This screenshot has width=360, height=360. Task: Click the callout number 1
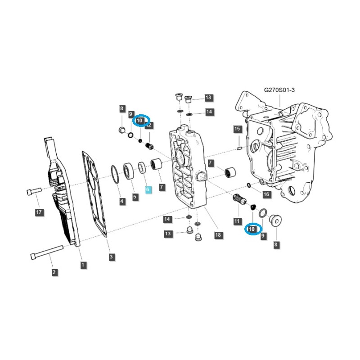click(83, 265)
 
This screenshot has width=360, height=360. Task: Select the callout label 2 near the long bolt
click(54, 272)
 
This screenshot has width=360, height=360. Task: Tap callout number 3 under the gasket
click(111, 257)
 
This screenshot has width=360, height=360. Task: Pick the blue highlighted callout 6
click(148, 190)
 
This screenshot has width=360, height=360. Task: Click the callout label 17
click(39, 212)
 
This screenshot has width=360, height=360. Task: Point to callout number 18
click(218, 235)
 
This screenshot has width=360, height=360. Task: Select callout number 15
click(238, 129)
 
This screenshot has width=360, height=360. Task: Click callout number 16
click(266, 194)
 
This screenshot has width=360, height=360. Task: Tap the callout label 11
click(237, 221)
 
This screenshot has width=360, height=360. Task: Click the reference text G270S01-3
click(279, 90)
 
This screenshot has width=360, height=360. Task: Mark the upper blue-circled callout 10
click(140, 121)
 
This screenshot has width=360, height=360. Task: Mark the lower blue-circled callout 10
click(252, 229)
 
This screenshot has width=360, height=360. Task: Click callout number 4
click(122, 201)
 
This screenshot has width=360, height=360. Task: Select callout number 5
click(135, 197)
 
